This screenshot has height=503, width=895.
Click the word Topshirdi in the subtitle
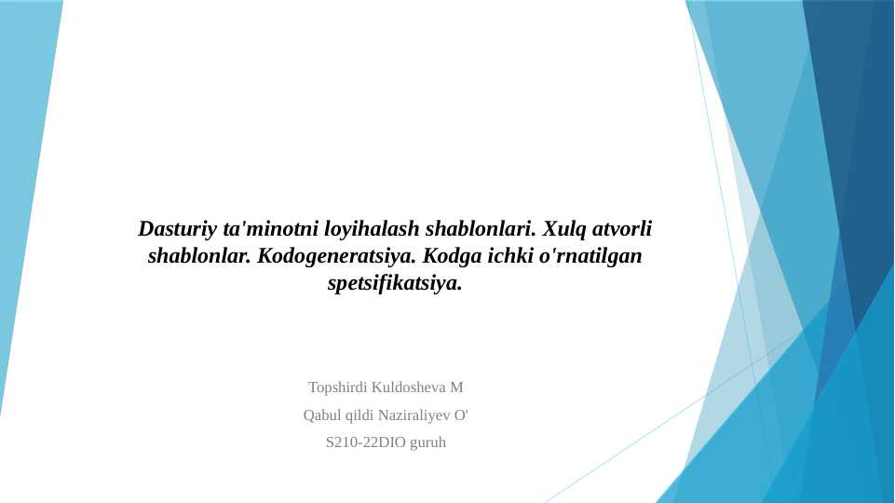[338, 387]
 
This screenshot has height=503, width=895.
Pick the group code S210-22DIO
[366, 443]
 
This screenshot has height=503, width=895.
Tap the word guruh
[427, 443]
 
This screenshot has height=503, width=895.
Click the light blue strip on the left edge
[23, 186]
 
